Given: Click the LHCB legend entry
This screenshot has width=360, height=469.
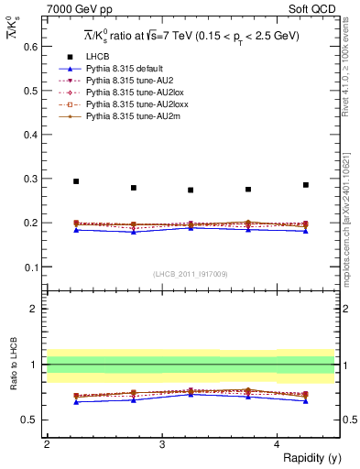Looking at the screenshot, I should [x=93, y=57].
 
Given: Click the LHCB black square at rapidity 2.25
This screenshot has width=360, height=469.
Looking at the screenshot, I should [x=76, y=181].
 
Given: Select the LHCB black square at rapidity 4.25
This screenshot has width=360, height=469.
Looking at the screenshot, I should [x=306, y=185].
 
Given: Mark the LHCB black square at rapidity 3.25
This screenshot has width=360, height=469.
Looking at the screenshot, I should [x=191, y=191].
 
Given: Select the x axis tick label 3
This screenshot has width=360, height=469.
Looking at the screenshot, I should [x=162, y=443].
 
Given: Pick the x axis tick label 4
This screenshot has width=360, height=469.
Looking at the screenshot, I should [x=277, y=443].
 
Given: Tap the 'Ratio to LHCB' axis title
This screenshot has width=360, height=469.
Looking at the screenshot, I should [x=12, y=365].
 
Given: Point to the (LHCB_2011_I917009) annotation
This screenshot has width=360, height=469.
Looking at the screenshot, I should [x=191, y=273].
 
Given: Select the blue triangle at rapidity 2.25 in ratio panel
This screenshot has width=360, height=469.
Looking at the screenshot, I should [x=76, y=401].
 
